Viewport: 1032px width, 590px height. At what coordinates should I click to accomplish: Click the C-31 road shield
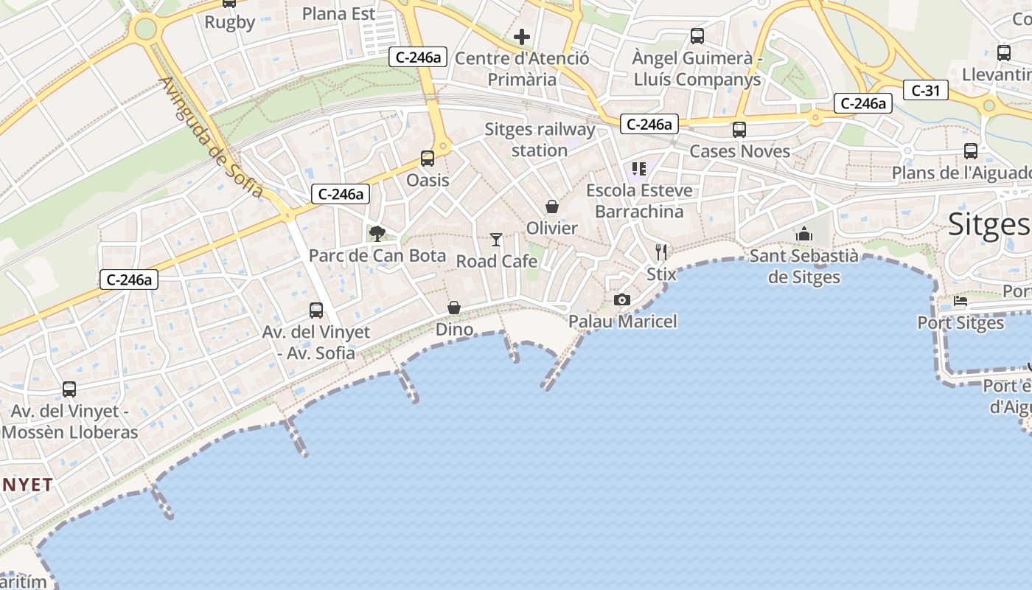click(926, 91)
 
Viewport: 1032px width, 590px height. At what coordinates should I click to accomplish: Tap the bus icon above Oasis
click(428, 158)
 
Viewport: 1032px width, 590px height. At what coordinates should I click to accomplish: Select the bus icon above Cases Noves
click(739, 130)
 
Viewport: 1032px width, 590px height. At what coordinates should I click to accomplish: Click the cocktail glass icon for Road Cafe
click(496, 240)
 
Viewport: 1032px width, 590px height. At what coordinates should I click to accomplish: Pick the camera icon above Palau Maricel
click(622, 299)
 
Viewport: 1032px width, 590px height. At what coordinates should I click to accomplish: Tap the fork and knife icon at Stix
click(661, 252)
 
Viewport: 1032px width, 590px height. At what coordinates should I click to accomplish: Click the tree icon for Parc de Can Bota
click(377, 234)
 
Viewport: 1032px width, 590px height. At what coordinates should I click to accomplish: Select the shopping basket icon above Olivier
click(552, 206)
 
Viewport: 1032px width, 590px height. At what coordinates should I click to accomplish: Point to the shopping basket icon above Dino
click(454, 308)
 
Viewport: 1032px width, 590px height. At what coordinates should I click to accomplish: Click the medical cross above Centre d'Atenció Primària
click(522, 37)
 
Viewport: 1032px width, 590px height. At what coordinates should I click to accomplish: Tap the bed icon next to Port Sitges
click(960, 301)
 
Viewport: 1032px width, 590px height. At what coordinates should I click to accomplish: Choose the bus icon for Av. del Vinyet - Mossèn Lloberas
click(69, 389)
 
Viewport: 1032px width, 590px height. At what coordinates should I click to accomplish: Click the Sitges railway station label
click(540, 139)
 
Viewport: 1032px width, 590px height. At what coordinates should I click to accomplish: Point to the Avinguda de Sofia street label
click(211, 137)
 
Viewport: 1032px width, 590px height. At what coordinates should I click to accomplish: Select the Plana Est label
click(338, 13)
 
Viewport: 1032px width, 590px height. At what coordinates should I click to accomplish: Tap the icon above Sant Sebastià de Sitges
click(804, 235)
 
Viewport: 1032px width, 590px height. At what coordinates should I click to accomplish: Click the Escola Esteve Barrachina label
click(639, 201)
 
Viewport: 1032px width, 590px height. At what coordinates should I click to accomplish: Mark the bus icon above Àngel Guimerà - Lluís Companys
click(697, 35)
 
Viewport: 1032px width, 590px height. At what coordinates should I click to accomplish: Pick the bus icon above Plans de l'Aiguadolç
click(971, 151)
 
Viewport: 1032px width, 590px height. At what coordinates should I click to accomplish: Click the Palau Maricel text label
click(622, 322)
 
